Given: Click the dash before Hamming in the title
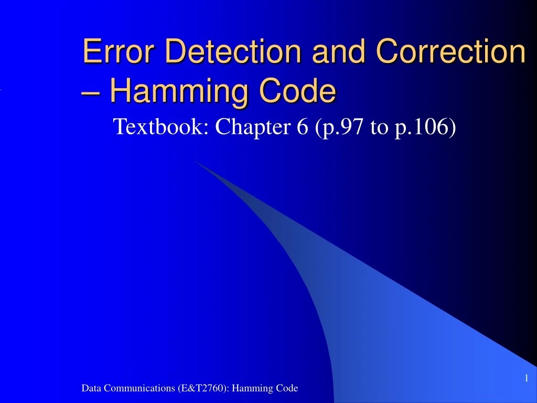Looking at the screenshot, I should tap(92, 92).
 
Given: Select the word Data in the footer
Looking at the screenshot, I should tap(91, 388).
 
